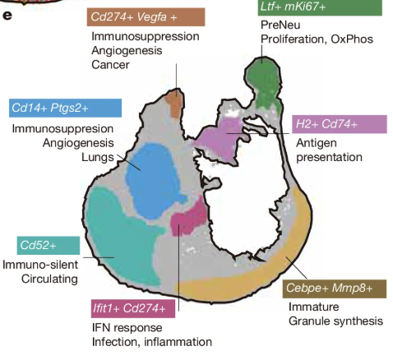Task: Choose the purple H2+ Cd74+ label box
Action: [x=338, y=124]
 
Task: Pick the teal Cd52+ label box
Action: [x=47, y=245]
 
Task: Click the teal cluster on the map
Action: [x=119, y=234]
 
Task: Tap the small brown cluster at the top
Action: [x=174, y=104]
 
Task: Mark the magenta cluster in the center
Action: [x=188, y=221]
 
